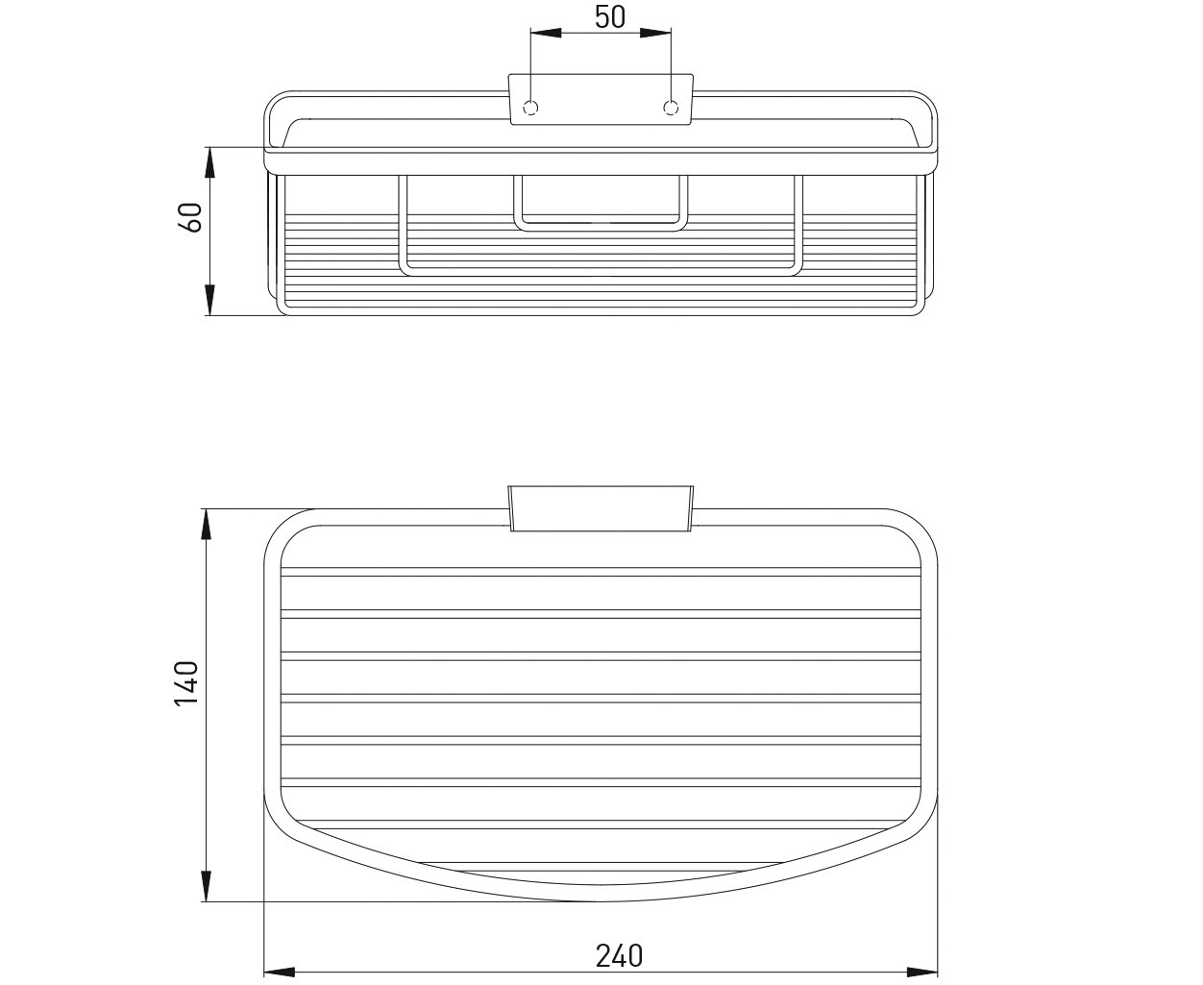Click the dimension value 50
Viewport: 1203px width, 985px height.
[x=610, y=17]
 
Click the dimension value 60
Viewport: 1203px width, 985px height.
[x=191, y=217]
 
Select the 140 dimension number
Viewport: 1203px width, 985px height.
[x=186, y=684]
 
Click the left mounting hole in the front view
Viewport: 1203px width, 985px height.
[x=530, y=108]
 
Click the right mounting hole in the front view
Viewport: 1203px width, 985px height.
[x=671, y=108]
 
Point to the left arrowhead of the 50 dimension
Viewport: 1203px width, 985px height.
[x=546, y=33]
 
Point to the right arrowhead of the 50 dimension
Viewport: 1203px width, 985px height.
[x=655, y=33]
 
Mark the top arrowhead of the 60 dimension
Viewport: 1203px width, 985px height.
[x=209, y=162]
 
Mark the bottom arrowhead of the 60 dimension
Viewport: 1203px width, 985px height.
[x=209, y=300]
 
